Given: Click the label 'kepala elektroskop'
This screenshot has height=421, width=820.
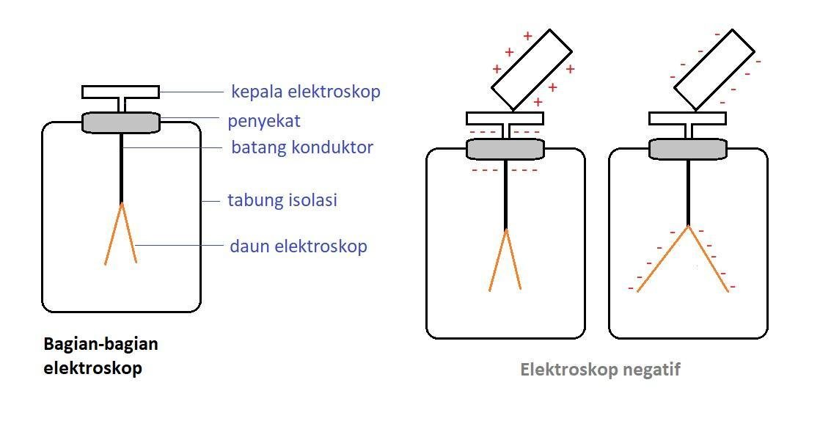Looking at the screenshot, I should pyautogui.click(x=305, y=92).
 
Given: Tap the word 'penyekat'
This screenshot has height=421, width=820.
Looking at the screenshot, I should pyautogui.click(x=264, y=120).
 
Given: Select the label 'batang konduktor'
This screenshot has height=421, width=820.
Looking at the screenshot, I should pyautogui.click(x=301, y=147).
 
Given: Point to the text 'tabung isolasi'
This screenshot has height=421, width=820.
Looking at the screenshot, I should pyautogui.click(x=282, y=199).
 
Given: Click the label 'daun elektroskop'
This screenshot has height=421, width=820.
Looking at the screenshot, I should pyautogui.click(x=299, y=246).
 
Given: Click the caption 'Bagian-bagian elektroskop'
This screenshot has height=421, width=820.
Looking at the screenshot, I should pyautogui.click(x=100, y=356).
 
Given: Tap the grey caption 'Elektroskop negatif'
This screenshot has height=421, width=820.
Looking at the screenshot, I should pyautogui.click(x=600, y=370).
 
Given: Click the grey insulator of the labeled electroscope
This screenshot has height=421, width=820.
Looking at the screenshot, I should pyautogui.click(x=121, y=122).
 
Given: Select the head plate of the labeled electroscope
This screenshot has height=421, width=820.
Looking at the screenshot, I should pyautogui.click(x=121, y=92).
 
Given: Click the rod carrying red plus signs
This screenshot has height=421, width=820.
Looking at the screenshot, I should pyautogui.click(x=531, y=68).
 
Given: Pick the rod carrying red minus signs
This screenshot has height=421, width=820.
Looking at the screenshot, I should pyautogui.click(x=714, y=68).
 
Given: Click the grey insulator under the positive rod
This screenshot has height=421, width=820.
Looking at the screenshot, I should pyautogui.click(x=505, y=149).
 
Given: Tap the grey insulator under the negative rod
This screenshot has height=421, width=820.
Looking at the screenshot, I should pyautogui.click(x=687, y=149).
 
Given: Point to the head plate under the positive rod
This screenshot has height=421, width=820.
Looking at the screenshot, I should pyautogui.click(x=505, y=118).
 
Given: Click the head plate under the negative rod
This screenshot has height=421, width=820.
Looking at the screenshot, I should pyautogui.click(x=687, y=118).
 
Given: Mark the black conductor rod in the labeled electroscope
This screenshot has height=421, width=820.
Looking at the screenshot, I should pyautogui.click(x=121, y=169).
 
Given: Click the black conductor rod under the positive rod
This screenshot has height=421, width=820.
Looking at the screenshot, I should pyautogui.click(x=505, y=194).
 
